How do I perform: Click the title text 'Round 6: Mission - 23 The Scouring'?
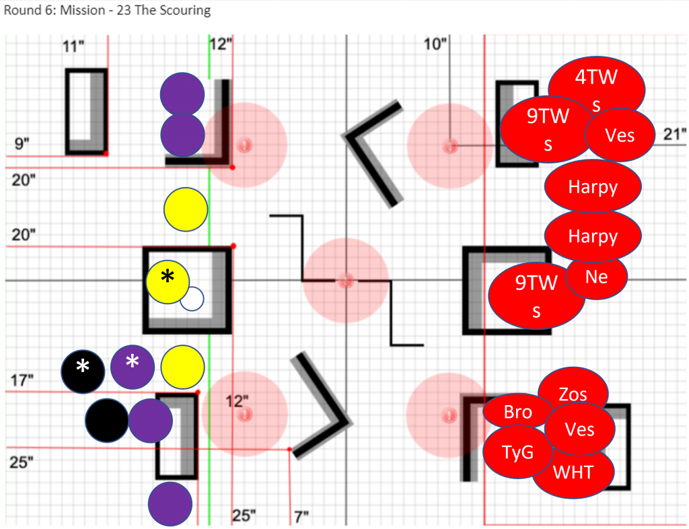(x=108, y=11)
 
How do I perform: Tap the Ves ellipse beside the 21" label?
(x=620, y=135)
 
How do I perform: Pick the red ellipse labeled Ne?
(x=597, y=276)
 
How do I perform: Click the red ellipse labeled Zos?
(x=573, y=394)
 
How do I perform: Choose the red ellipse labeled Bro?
(x=517, y=412)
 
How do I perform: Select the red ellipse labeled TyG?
(x=517, y=452)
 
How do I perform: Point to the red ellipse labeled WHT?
(x=573, y=472)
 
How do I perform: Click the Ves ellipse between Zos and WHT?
(x=579, y=429)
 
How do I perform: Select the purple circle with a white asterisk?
(x=133, y=367)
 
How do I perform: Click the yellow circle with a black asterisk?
(x=168, y=281)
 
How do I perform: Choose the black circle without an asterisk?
(x=106, y=421)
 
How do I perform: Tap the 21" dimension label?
(x=674, y=133)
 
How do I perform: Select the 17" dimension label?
(x=23, y=380)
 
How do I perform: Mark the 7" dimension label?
(x=301, y=517)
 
